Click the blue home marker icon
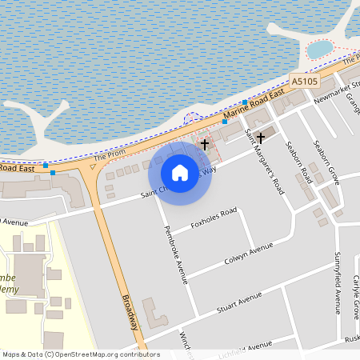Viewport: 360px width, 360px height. pyautogui.click(x=180, y=173)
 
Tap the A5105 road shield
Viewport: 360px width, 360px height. pyautogui.click(x=305, y=82)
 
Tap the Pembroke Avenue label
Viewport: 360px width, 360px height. pyautogui.click(x=175, y=254)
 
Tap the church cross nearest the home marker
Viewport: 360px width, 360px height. pyautogui.click(x=205, y=145)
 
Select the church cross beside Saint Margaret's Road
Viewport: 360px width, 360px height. pyautogui.click(x=260, y=138)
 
